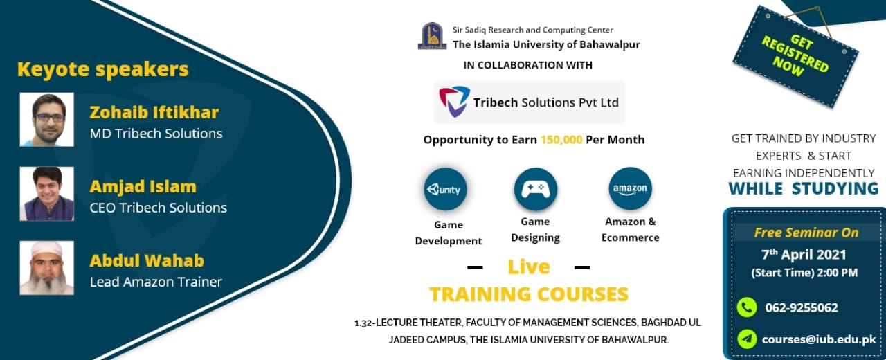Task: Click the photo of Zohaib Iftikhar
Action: coord(46,120)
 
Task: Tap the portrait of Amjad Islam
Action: coord(46,194)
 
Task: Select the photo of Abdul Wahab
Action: coord(46,268)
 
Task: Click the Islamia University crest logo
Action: coord(432,36)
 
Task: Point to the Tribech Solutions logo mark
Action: coord(454,101)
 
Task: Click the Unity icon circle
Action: coord(446,189)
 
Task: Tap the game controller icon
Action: coord(535,189)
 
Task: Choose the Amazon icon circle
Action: coord(630,188)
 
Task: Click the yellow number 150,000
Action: coord(561,139)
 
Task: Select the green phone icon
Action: coord(747,307)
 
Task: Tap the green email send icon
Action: coord(747,339)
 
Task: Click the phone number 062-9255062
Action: coord(802,307)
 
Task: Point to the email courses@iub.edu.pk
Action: coord(819,339)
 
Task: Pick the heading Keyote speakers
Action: coord(102,69)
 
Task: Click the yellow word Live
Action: coord(529,267)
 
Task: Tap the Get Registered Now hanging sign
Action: coord(795,56)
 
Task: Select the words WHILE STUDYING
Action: coord(804,188)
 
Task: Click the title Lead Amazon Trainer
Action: coord(156,282)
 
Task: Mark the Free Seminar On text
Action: coord(806,232)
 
